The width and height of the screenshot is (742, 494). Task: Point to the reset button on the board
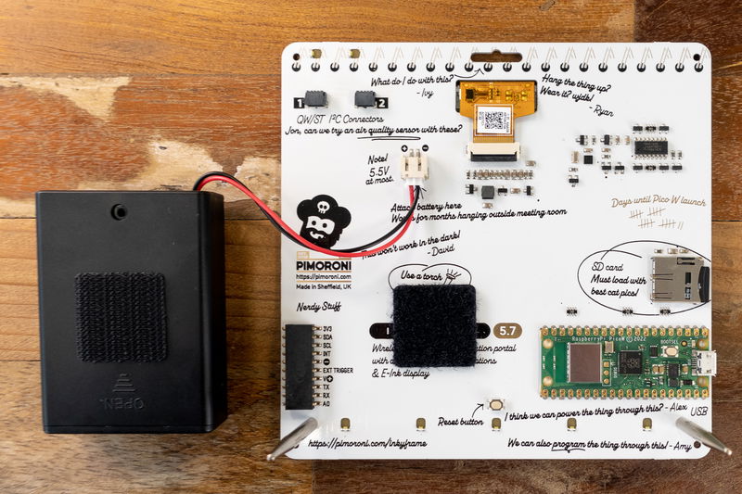click(496, 405)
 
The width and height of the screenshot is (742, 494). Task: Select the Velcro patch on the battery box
click(121, 317)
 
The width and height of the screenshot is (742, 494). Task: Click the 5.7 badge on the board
click(507, 330)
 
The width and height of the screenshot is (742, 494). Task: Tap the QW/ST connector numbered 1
click(315, 98)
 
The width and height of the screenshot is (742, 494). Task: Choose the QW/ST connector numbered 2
click(365, 98)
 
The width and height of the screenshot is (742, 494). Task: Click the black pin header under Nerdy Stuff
click(299, 367)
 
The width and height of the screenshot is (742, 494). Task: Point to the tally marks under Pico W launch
click(655, 219)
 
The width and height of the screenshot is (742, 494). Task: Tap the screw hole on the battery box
click(119, 211)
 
